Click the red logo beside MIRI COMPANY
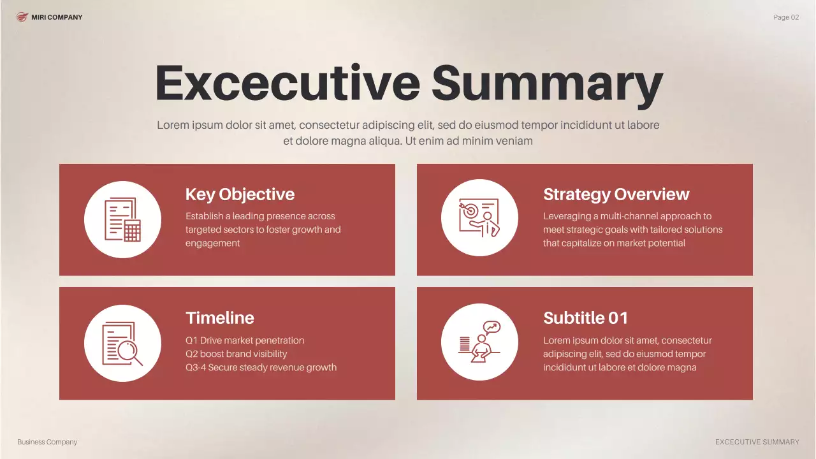point(22,17)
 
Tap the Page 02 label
point(785,17)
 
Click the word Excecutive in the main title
point(287,84)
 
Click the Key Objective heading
point(240,194)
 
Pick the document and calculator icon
point(122,219)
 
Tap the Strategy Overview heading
point(616,194)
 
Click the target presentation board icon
point(479,217)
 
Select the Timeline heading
point(219,318)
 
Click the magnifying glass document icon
point(122,344)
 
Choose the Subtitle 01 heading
point(585,318)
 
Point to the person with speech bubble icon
point(479,342)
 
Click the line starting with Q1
point(245,340)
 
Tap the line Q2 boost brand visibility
point(236,354)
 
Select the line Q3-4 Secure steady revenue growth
point(261,367)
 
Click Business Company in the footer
point(47,442)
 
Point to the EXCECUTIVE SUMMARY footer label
point(757,442)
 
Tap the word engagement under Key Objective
point(212,243)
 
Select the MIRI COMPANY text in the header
point(57,17)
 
